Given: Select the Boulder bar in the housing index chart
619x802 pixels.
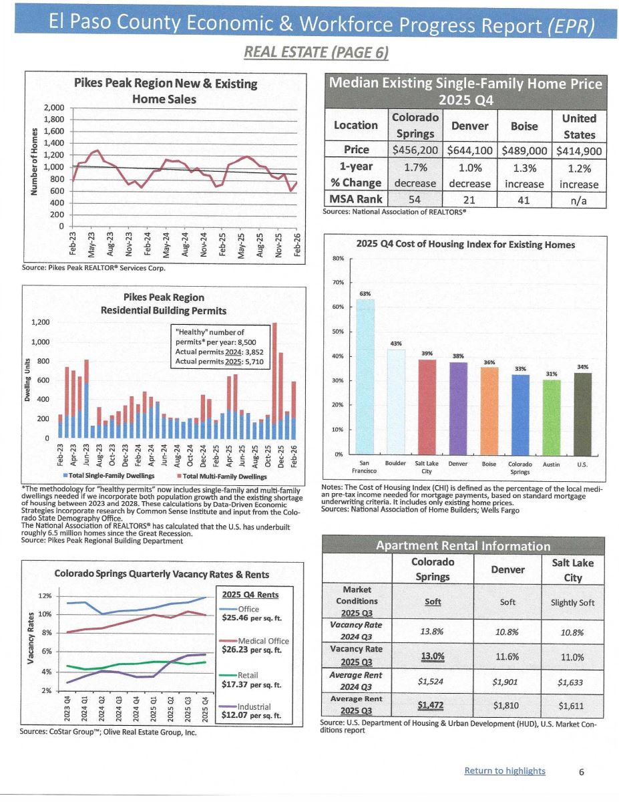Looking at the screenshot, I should coord(396,401).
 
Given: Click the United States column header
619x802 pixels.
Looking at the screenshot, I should coord(578,126).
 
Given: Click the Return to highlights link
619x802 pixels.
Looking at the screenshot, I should coord(504,771).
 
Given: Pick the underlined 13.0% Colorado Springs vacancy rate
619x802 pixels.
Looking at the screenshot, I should coord(433,656).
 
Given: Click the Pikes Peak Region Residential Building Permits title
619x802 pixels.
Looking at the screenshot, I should coord(164,303).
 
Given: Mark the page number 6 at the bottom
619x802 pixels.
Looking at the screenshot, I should coord(582,771).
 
